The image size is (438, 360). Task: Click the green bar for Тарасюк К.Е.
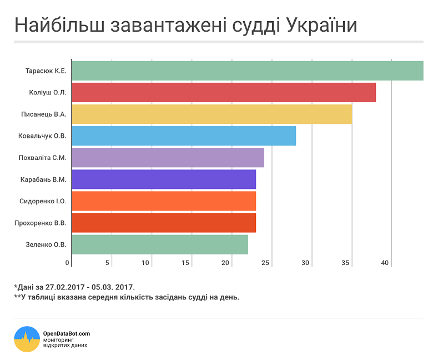click(248, 71)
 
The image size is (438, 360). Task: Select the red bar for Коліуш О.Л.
click(224, 92)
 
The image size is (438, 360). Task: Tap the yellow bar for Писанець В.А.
click(212, 114)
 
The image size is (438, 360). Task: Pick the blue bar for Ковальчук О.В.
click(184, 136)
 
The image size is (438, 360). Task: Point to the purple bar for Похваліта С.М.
click(168, 157)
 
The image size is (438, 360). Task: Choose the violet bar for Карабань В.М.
click(164, 179)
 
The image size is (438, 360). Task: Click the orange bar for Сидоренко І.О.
click(164, 201)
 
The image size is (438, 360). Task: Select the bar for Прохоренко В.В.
click(164, 222)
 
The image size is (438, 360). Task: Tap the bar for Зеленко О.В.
click(160, 244)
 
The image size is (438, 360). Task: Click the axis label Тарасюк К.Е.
click(46, 71)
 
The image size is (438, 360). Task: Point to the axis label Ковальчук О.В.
click(42, 136)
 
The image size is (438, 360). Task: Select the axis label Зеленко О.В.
click(46, 244)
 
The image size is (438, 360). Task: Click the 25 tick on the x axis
click(266, 262)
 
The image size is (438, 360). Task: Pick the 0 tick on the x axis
click(68, 262)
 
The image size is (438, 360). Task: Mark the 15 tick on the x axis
click(186, 262)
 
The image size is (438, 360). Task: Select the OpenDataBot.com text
click(66, 333)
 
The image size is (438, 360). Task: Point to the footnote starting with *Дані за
click(74, 287)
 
